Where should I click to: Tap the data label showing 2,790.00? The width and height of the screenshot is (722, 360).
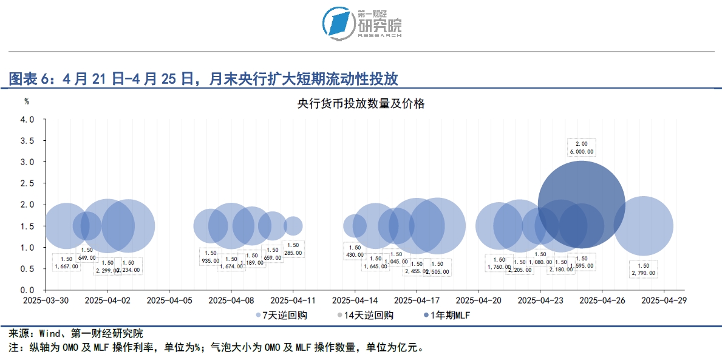click(x=643, y=270)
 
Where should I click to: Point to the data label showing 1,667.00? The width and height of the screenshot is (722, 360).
click(x=66, y=262)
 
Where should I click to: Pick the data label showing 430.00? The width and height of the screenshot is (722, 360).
click(x=355, y=251)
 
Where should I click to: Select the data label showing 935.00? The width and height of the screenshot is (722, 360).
click(x=210, y=257)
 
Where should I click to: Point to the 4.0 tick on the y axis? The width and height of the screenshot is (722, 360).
click(x=27, y=119)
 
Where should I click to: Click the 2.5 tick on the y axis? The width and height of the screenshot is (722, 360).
click(x=27, y=183)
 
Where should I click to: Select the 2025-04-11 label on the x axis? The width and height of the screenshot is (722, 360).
click(x=293, y=300)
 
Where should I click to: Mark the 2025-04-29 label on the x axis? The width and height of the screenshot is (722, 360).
click(x=664, y=300)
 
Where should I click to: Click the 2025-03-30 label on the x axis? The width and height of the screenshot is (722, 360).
click(x=46, y=300)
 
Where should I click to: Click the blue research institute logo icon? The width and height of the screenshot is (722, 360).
click(x=338, y=24)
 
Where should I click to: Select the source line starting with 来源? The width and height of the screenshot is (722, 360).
click(x=76, y=333)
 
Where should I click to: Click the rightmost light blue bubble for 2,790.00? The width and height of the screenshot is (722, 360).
click(x=644, y=226)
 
